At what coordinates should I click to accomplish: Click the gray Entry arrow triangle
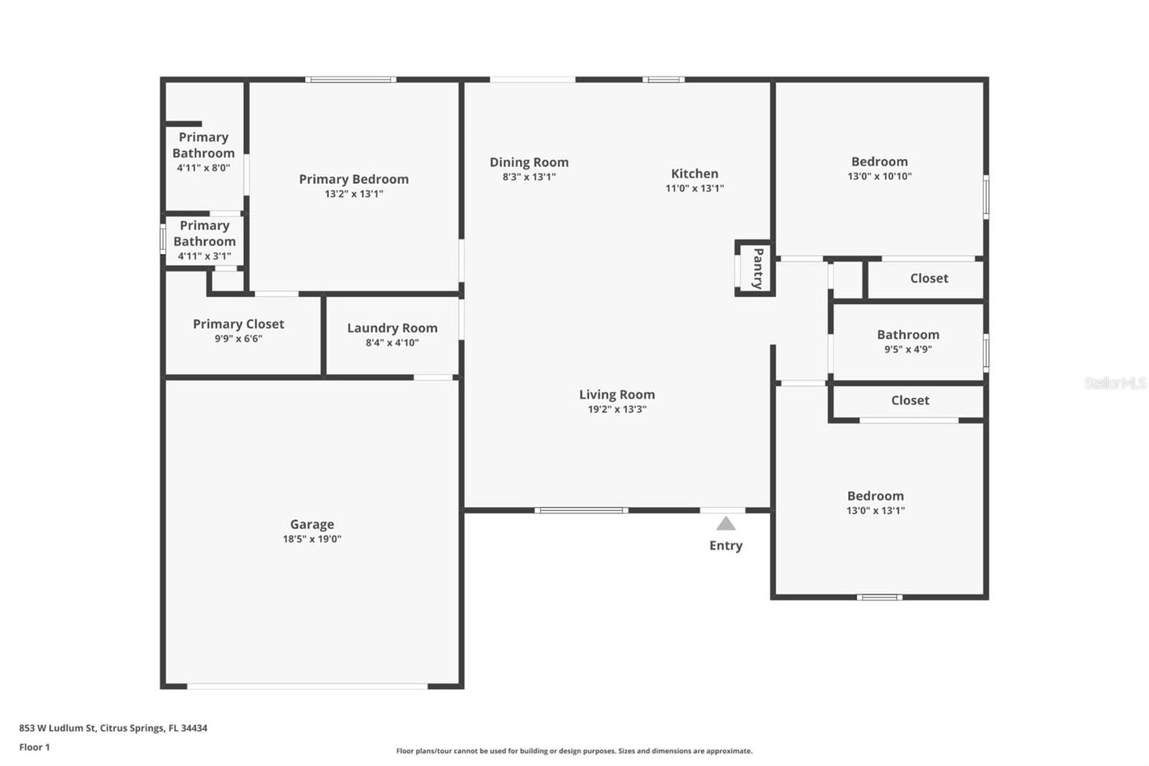tap(725, 524)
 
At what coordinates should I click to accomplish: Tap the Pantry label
tap(758, 268)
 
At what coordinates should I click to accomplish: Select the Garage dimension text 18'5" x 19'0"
tap(312, 539)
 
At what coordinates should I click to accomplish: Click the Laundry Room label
tap(392, 328)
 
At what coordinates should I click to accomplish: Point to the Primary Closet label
tap(238, 324)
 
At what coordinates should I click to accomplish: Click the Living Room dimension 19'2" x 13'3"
tap(617, 410)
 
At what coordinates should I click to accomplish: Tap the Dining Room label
tap(529, 162)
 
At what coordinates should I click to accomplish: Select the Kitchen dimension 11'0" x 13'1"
tap(694, 188)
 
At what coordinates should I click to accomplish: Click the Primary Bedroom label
tap(353, 179)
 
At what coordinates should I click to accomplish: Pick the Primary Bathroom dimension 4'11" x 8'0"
tap(203, 168)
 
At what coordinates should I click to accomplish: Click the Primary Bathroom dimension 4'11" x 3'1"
tap(204, 257)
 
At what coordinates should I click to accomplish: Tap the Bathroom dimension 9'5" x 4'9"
tap(908, 349)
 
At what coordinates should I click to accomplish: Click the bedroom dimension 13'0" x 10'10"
tap(879, 176)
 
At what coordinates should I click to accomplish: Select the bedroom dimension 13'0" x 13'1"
tap(875, 511)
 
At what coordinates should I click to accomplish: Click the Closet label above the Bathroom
tap(929, 278)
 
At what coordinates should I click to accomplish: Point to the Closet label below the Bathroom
tap(910, 400)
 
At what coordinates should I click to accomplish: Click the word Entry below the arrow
tap(725, 545)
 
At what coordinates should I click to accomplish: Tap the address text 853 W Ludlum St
tap(57, 728)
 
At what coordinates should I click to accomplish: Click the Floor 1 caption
tap(34, 747)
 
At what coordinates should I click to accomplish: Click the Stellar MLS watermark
tap(1115, 383)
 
